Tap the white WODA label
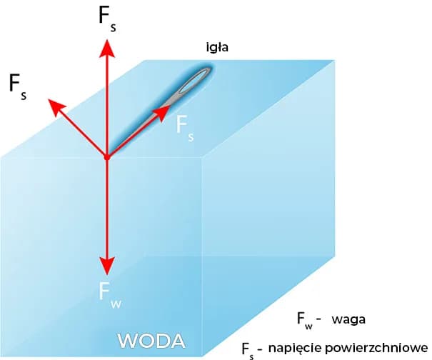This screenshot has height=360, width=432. (x=151, y=338)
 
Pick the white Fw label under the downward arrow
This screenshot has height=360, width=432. (x=109, y=294)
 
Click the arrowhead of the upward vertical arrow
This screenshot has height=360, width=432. (x=106, y=47)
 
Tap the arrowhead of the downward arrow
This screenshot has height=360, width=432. (x=106, y=265)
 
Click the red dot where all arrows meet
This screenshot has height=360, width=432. (x=106, y=156)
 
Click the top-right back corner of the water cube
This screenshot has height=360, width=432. (x=335, y=60)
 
